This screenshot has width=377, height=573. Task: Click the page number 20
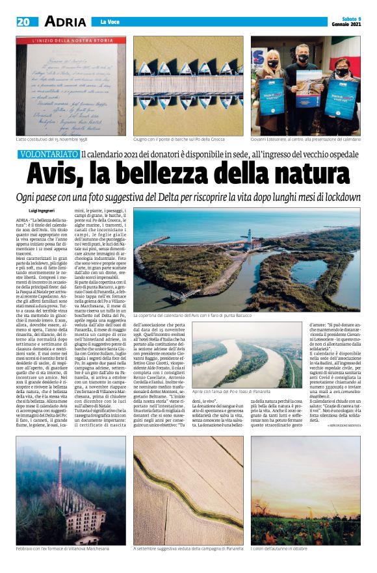point(23,21)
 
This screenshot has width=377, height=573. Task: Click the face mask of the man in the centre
point(303,58)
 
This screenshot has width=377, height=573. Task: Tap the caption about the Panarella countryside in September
point(188,548)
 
